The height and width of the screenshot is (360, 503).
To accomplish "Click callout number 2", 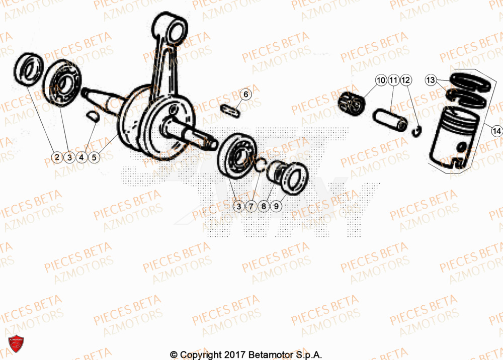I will click(x=57, y=157).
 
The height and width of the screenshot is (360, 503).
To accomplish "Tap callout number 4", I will click(x=81, y=157).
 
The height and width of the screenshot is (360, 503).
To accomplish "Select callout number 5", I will click(x=94, y=157).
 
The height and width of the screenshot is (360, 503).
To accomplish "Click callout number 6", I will click(x=246, y=94).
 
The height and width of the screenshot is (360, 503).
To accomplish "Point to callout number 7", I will click(x=251, y=206).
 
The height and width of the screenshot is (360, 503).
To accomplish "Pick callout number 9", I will click(x=276, y=206).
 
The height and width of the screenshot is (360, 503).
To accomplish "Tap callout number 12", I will click(x=406, y=80).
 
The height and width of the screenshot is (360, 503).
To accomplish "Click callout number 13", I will click(x=431, y=80).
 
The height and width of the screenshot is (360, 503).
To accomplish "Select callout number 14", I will click(x=496, y=131).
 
